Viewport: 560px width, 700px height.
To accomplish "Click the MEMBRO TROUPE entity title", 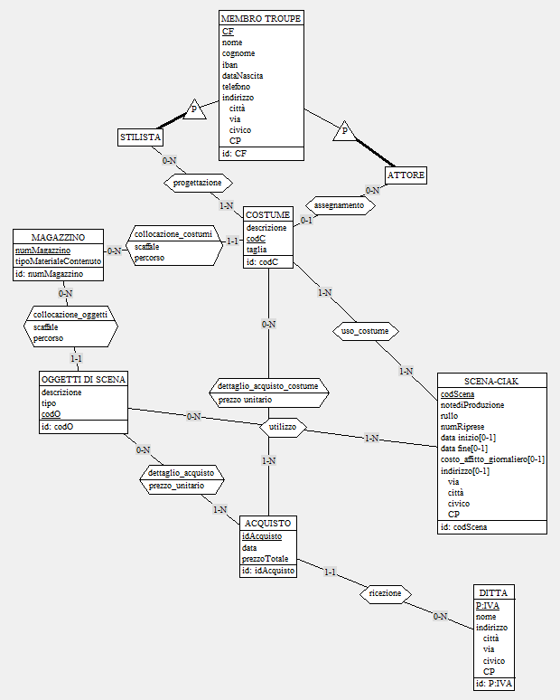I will coord(261,18).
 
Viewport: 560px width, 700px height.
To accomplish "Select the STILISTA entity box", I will coord(140,137).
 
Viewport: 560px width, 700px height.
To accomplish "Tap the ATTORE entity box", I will coord(406,174).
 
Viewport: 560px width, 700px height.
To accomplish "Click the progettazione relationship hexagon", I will coord(191,184).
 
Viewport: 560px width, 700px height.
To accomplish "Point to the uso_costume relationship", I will coord(365,331).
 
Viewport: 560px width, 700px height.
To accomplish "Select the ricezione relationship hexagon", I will coord(386,593).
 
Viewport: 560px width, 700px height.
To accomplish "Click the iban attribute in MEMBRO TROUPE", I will coord(231,64).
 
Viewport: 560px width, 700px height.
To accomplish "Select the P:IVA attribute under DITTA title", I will coord(487,606).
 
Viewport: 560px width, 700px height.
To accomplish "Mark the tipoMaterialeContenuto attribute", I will coord(57,261).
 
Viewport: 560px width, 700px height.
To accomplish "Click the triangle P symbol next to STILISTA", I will coord(194,110).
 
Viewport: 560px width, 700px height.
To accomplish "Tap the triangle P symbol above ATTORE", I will coord(343,132).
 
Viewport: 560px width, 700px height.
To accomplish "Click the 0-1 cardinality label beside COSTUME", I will coord(306,220).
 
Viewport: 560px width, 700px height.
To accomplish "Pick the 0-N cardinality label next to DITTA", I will coord(439,617).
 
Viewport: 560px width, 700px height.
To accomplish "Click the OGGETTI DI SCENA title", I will coord(83,379).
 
